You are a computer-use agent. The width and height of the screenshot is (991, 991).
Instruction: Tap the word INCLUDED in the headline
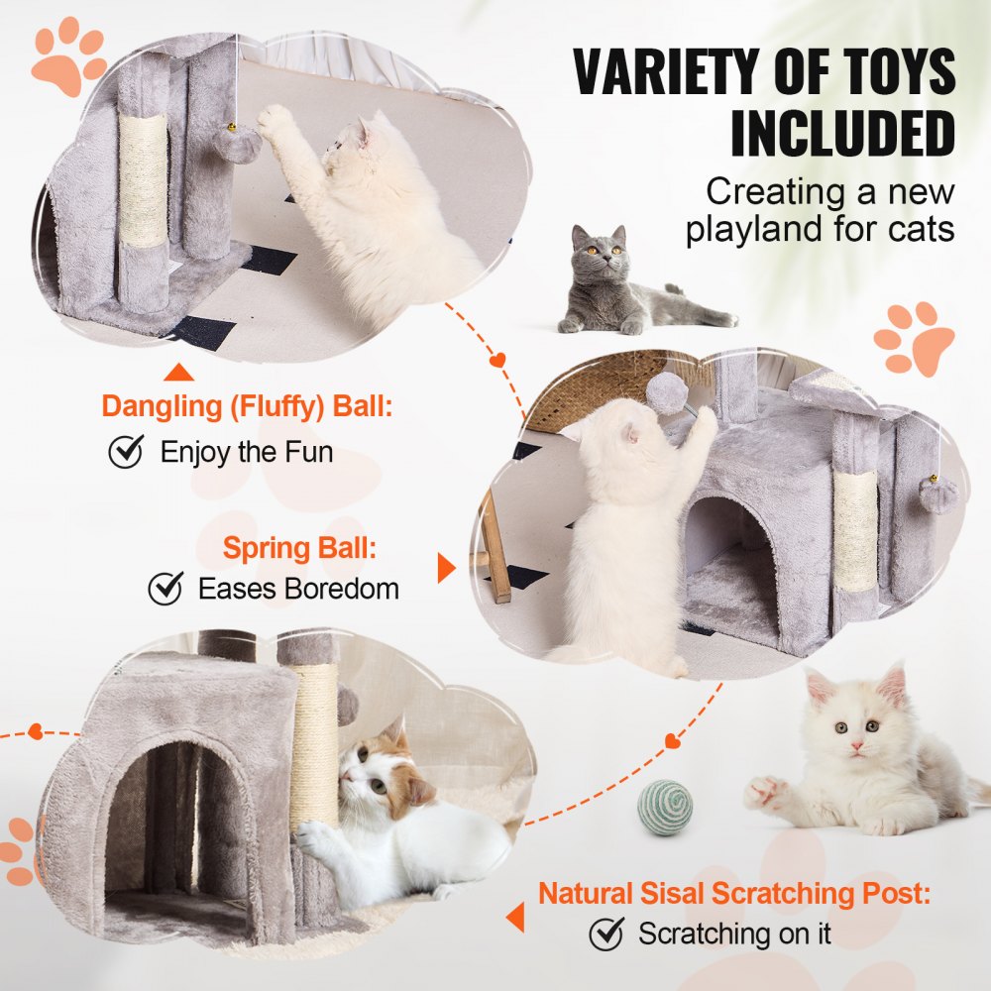point(842,134)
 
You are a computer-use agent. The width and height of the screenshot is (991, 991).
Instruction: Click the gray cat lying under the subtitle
point(624,285)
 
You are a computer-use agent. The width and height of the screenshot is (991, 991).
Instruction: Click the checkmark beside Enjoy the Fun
point(126,453)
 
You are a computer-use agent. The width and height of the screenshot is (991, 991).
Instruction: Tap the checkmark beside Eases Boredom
point(165,589)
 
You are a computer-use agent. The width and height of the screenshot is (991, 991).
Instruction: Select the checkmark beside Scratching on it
point(606,934)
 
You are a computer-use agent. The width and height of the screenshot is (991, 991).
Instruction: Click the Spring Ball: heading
point(299,548)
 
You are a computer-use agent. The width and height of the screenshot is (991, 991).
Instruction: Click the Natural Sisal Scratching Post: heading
point(734,893)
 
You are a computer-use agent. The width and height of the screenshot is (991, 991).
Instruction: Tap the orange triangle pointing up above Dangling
point(178,373)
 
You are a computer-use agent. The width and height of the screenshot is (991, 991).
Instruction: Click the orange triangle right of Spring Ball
point(446,568)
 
